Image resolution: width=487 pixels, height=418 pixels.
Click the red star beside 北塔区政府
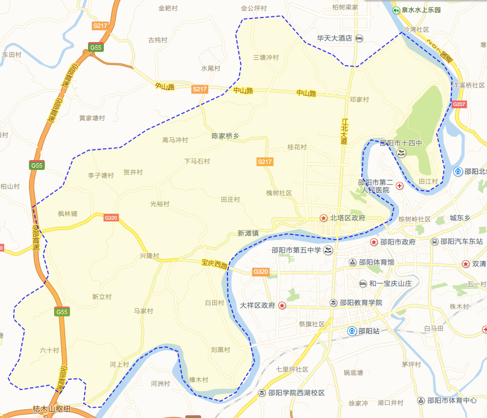(x=324, y=217)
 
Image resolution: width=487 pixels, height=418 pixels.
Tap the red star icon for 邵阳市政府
(x=374, y=242)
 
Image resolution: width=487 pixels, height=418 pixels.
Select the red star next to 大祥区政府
(x=282, y=305)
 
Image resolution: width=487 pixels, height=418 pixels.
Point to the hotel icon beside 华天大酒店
(x=359, y=38)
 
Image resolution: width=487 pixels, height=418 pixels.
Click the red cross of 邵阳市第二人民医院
(x=400, y=186)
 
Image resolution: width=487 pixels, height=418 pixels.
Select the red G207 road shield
(x=459, y=104)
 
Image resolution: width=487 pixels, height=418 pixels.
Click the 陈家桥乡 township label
(x=225, y=136)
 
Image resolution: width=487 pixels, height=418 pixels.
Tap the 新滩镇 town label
(x=248, y=233)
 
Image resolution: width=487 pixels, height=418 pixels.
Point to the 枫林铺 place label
(x=67, y=214)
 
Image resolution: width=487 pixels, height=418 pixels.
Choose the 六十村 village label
(x=49, y=350)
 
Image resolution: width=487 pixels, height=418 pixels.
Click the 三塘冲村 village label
(x=266, y=57)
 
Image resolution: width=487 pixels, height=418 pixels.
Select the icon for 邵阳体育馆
(x=353, y=262)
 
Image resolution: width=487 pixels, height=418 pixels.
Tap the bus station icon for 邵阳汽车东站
(x=435, y=242)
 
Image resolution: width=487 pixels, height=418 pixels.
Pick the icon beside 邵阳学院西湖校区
(x=262, y=393)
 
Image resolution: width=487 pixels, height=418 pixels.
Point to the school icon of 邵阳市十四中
(x=401, y=153)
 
